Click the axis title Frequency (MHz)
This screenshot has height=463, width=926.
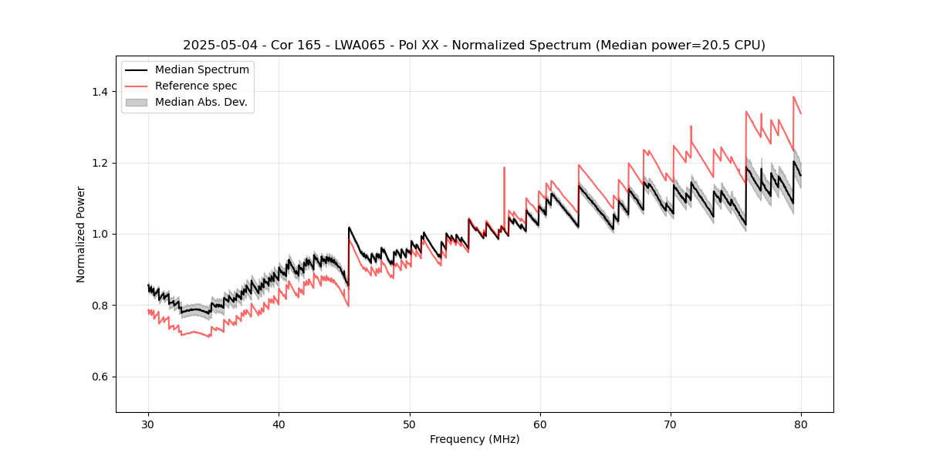[x=475, y=439]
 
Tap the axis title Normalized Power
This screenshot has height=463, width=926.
[x=81, y=234]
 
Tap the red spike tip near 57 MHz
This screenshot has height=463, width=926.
[x=504, y=167]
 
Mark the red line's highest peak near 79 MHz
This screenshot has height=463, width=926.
[x=793, y=97]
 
